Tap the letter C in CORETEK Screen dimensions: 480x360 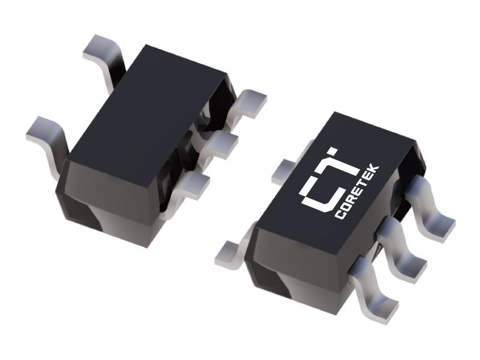[x=340, y=214]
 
